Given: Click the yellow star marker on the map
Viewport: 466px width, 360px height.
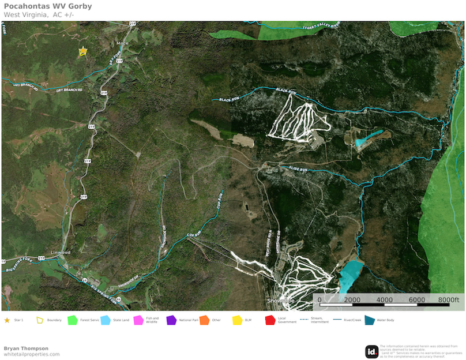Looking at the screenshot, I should [x=82, y=51].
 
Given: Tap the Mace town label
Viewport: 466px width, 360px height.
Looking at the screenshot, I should [x=122, y=43].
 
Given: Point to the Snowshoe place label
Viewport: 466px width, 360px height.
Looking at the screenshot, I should [x=281, y=301].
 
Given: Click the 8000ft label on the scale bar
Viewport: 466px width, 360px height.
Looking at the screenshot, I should [x=448, y=300].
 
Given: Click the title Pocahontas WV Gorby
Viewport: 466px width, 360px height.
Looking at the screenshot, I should [x=47, y=6].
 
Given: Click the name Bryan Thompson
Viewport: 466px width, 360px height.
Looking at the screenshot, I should [x=26, y=348].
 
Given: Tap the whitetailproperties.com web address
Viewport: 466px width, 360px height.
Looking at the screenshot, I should [x=32, y=354].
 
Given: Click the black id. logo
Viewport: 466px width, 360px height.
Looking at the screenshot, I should [x=371, y=351].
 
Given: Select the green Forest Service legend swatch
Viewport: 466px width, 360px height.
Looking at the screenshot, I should [x=73, y=320].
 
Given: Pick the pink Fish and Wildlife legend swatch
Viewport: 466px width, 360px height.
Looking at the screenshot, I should [x=138, y=320].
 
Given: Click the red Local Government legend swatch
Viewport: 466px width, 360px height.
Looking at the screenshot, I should [x=269, y=320].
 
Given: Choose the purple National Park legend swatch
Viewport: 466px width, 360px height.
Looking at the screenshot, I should [x=171, y=320].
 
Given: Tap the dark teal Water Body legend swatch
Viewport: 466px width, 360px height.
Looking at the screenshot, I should [x=370, y=320].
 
